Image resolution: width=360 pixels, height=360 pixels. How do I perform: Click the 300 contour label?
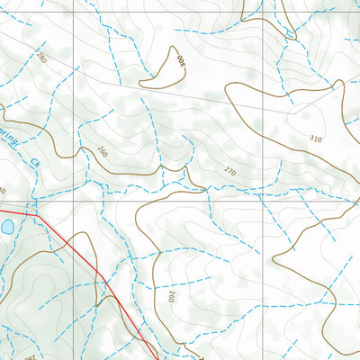[x=178, y=63]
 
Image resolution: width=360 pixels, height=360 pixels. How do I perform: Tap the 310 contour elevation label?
[x=314, y=139]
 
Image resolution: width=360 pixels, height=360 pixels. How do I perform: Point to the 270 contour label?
[x=230, y=171]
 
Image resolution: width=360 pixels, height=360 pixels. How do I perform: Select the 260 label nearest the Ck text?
[x=102, y=151]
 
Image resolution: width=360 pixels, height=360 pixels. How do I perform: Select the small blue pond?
[x=5, y=228]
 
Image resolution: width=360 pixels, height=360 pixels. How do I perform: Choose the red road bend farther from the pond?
[x=101, y=274]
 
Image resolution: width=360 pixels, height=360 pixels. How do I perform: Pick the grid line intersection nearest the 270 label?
[x=263, y=202]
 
